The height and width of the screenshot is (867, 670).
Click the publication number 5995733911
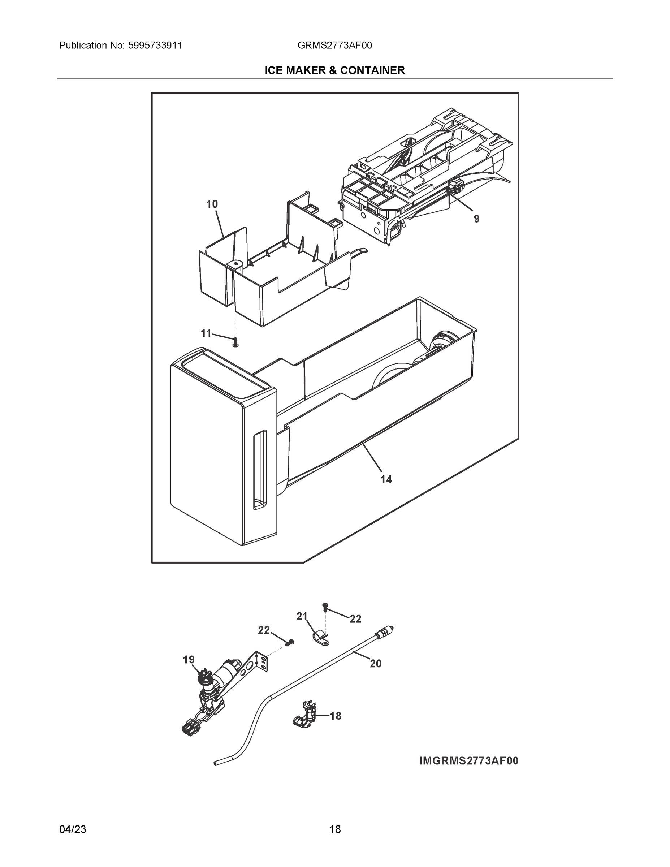pyautogui.click(x=155, y=45)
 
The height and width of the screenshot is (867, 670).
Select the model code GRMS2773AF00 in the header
pyautogui.click(x=334, y=45)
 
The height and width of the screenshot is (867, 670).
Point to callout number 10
pyautogui.click(x=212, y=204)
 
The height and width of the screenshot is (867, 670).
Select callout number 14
pyautogui.click(x=386, y=479)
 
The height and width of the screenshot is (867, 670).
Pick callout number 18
pyautogui.click(x=336, y=716)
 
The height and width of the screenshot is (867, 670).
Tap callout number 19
pyautogui.click(x=189, y=660)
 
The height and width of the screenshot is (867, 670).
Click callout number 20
pyautogui.click(x=376, y=663)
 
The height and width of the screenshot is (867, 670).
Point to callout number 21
pyautogui.click(x=302, y=617)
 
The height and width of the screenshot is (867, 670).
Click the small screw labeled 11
pyautogui.click(x=235, y=342)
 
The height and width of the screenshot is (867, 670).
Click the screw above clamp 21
pyautogui.click(x=325, y=607)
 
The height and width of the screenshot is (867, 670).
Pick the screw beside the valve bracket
pyautogui.click(x=290, y=642)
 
